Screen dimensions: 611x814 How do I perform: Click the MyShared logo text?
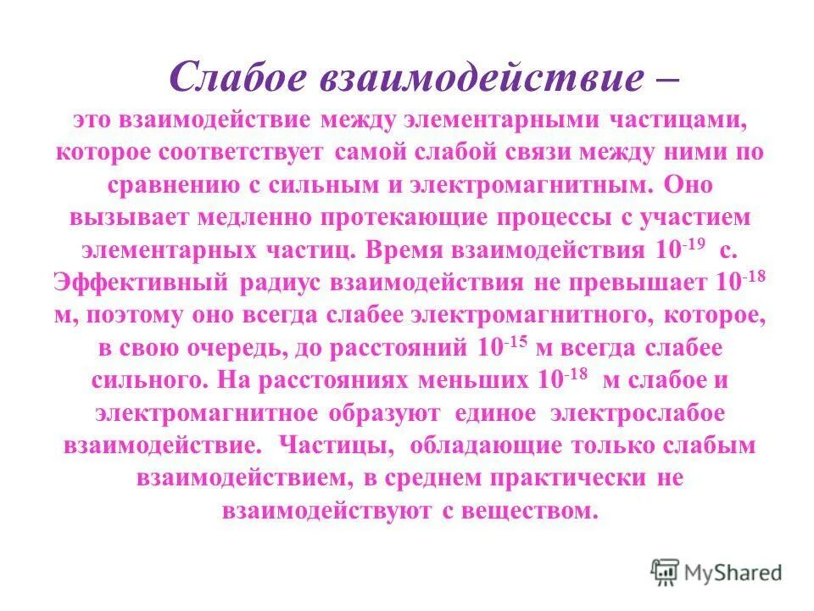(x=732, y=573)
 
